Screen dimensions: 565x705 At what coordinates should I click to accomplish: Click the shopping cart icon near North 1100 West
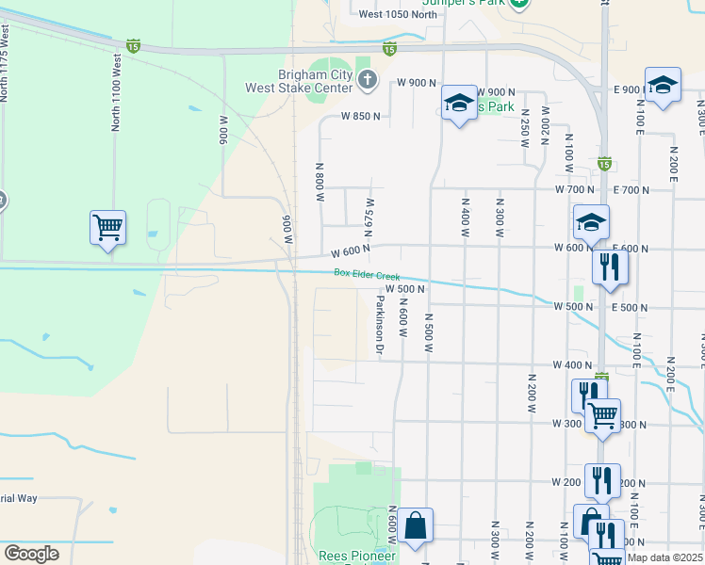click(107, 227)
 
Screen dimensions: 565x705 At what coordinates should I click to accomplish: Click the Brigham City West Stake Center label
click(298, 81)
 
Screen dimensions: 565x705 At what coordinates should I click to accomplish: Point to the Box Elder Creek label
click(367, 274)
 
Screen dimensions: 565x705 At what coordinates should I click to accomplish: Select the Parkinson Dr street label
click(380, 326)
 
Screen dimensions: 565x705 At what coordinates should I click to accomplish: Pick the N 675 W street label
click(369, 218)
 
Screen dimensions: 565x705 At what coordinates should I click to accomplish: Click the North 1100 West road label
click(117, 91)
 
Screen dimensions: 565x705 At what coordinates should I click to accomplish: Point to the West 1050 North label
click(399, 13)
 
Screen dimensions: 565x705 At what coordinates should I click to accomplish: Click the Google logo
click(31, 554)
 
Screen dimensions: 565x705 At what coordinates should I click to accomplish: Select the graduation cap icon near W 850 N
click(459, 104)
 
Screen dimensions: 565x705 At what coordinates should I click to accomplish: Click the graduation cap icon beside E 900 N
click(663, 86)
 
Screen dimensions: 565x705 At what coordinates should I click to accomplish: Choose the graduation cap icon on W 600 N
click(591, 223)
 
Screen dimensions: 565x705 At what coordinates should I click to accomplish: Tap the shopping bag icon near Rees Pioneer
click(415, 526)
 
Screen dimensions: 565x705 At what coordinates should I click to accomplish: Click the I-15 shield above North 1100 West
click(134, 45)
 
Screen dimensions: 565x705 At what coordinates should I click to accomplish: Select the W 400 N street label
click(572, 364)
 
